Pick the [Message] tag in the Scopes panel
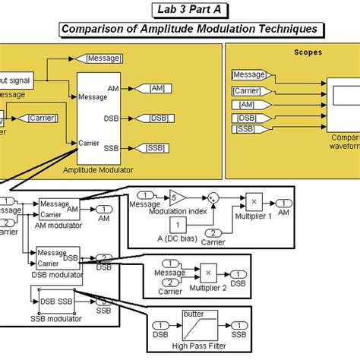pyautogui.click(x=248, y=74)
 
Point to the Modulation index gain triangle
pyautogui.click(x=175, y=197)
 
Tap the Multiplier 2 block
pyautogui.click(x=207, y=272)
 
